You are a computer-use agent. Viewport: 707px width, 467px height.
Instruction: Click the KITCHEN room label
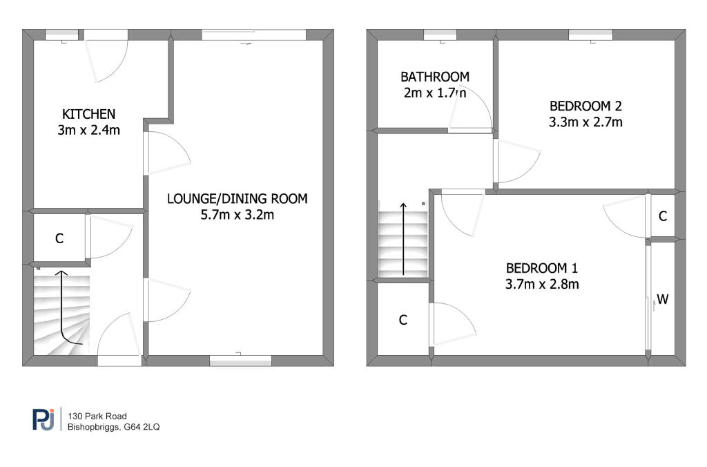click(x=89, y=114)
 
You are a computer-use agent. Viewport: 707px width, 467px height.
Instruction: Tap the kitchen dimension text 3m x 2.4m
click(x=89, y=131)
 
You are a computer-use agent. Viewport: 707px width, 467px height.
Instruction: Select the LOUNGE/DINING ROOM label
click(x=238, y=199)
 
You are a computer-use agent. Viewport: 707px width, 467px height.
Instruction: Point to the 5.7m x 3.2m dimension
click(x=238, y=215)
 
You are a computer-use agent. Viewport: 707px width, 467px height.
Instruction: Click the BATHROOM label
click(x=435, y=77)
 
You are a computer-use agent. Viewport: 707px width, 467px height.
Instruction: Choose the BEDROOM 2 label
click(x=585, y=106)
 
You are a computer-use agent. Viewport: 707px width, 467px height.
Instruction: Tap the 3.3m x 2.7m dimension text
click(x=585, y=122)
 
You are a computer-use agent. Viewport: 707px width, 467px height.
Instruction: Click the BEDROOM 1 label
click(x=542, y=269)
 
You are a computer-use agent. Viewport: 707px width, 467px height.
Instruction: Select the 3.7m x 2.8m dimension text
click(x=542, y=284)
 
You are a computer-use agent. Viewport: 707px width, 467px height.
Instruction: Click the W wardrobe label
click(x=663, y=299)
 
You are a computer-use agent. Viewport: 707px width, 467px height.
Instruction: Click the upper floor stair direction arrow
click(x=403, y=239)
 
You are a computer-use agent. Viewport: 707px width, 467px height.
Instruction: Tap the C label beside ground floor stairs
click(x=59, y=238)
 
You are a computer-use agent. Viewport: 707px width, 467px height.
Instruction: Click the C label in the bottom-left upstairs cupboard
click(x=403, y=320)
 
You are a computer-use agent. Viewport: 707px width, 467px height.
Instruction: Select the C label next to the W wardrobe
click(x=663, y=217)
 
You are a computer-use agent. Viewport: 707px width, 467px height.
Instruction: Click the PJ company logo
click(x=43, y=419)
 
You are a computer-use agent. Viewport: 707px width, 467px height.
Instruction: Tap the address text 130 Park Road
click(x=97, y=416)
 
